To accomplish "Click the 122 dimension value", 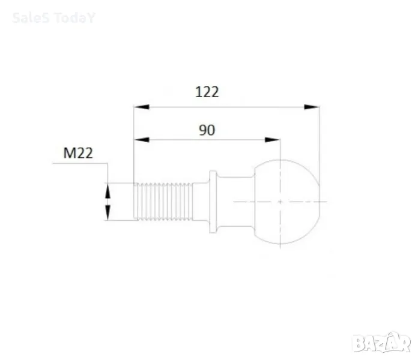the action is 207,92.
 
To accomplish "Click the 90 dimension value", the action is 207,130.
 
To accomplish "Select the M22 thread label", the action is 78,153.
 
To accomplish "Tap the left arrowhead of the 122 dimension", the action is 142,107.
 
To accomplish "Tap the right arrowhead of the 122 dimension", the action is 312,107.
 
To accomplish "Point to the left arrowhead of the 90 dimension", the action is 142,140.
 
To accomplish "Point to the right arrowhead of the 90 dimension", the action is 272,140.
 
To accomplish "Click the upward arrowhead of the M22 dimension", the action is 108,191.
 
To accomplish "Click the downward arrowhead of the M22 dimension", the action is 108,213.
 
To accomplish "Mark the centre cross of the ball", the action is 280,202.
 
